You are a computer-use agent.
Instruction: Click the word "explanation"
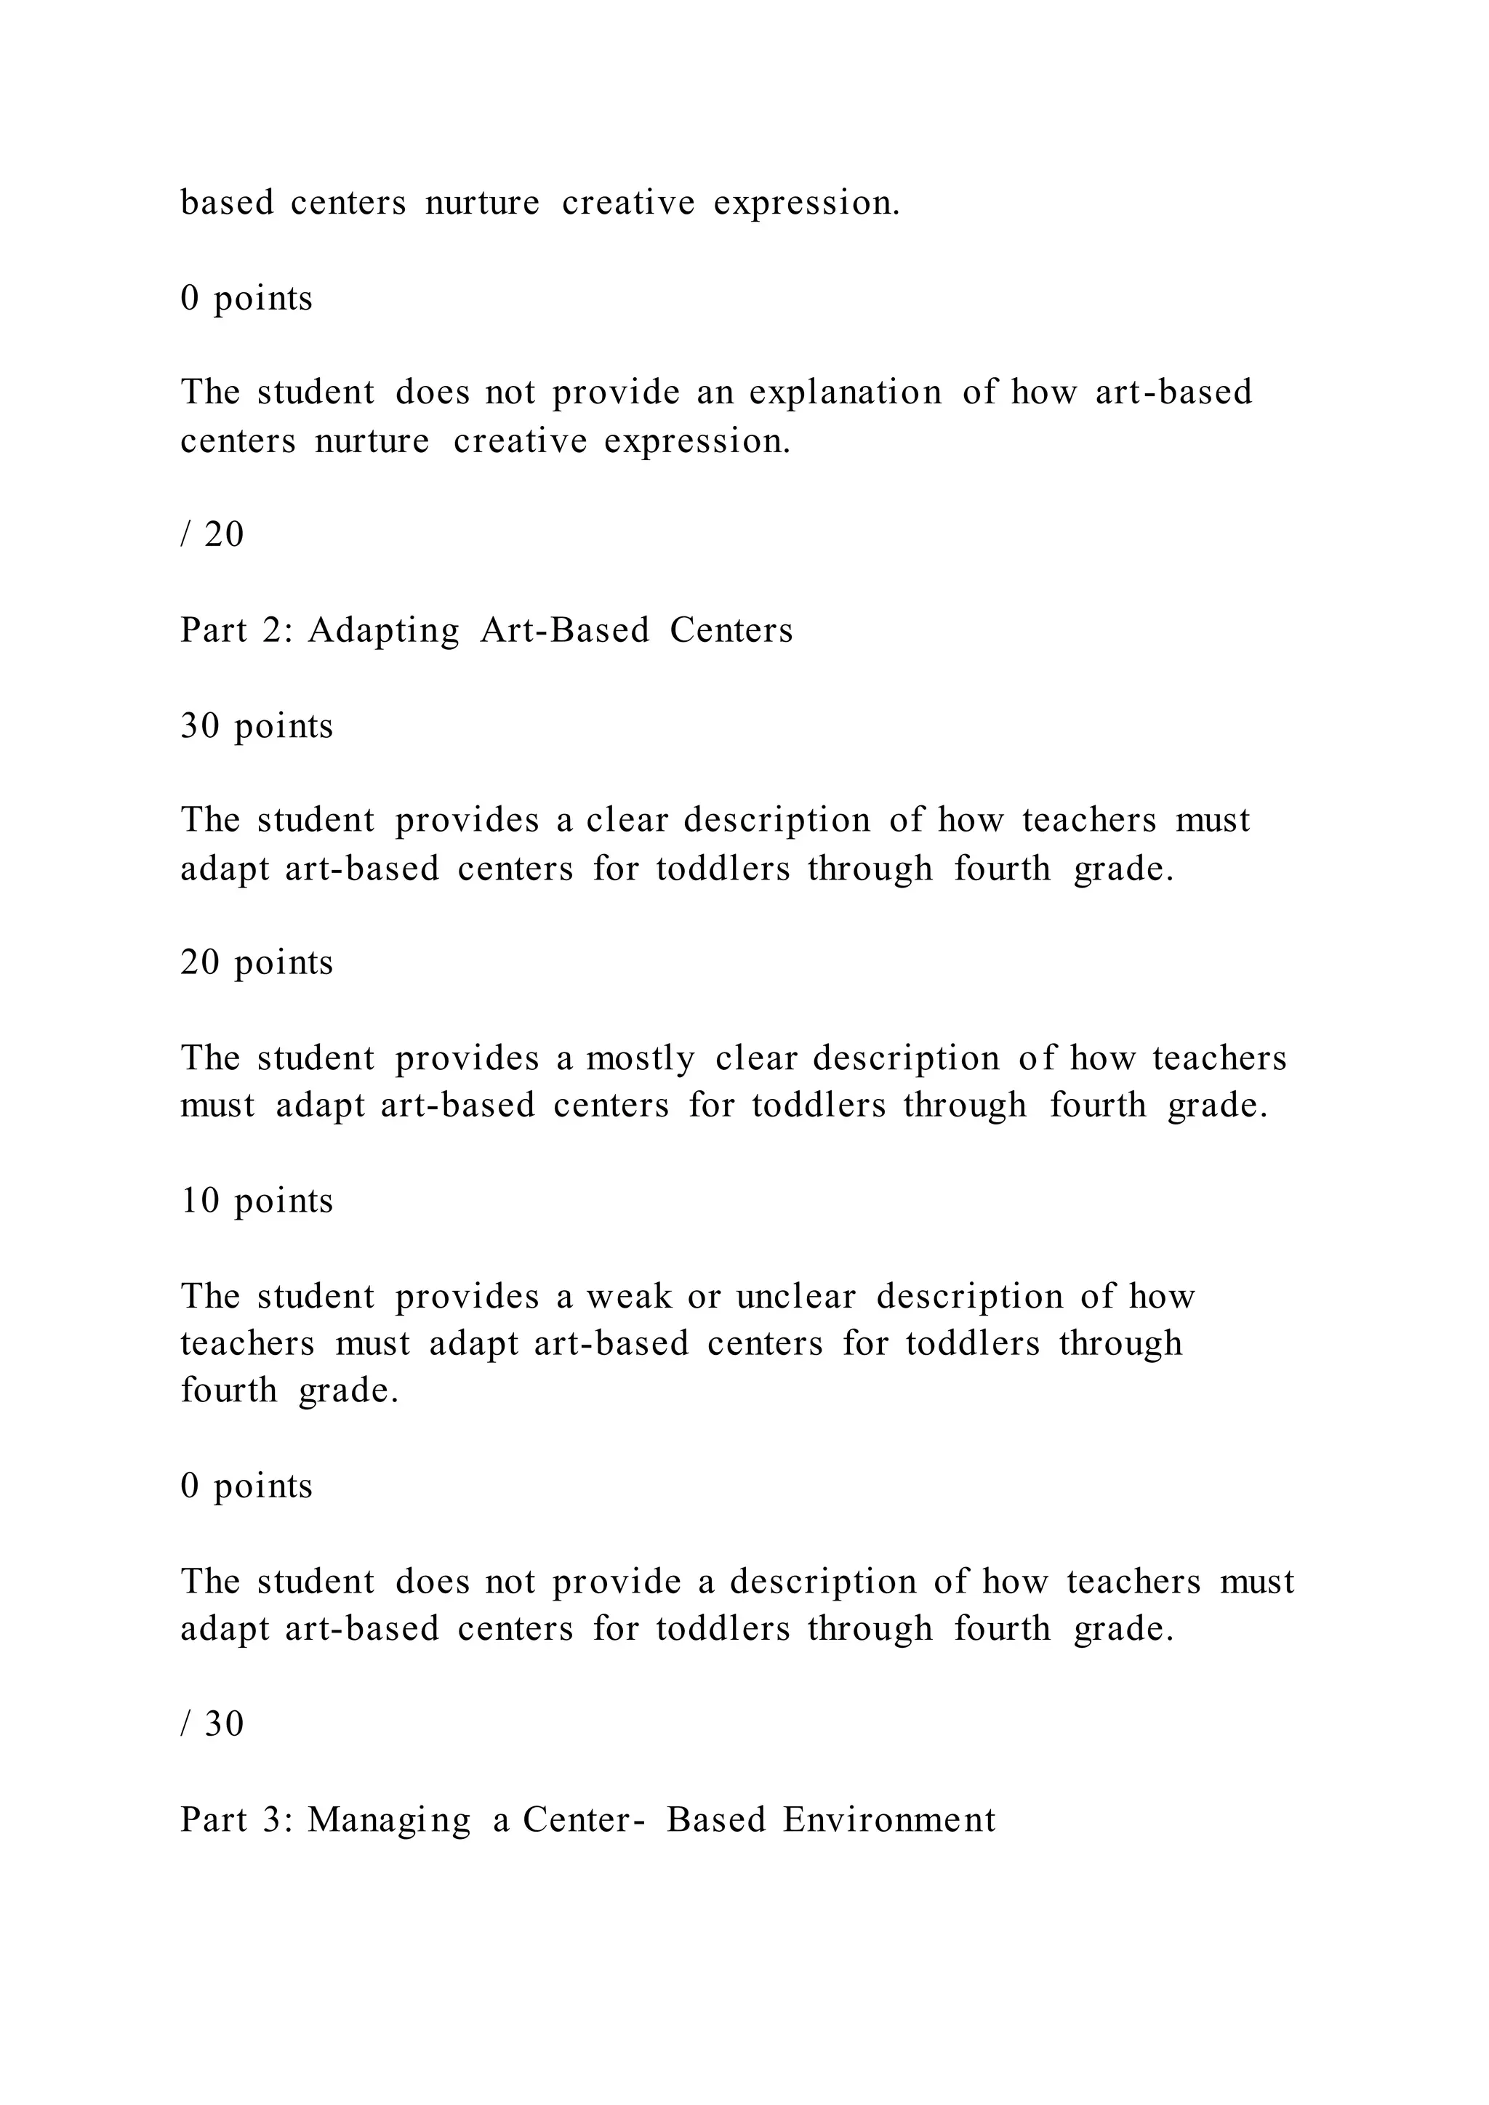(x=846, y=393)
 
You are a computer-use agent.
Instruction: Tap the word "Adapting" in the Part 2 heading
(x=383, y=632)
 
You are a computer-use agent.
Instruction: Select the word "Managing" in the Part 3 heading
(x=389, y=1820)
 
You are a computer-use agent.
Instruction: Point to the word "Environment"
(x=888, y=1820)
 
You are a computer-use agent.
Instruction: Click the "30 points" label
(x=257, y=726)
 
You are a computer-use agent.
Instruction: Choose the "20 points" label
(x=257, y=962)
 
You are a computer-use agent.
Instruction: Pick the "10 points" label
(x=257, y=1201)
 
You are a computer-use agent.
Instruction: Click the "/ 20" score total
(x=213, y=534)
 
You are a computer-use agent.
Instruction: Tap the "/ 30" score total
(x=213, y=1725)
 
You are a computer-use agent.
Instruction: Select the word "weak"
(x=629, y=1297)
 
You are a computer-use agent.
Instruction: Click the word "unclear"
(x=796, y=1297)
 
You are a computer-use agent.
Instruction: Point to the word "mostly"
(x=640, y=1059)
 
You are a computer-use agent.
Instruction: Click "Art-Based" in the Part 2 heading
(x=565, y=631)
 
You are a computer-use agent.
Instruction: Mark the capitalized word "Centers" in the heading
(x=731, y=631)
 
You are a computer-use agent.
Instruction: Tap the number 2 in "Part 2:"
(x=273, y=631)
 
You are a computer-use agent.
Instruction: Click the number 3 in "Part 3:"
(x=273, y=1820)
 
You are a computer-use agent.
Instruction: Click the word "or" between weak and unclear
(x=705, y=1297)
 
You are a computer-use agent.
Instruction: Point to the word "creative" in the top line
(x=628, y=204)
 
